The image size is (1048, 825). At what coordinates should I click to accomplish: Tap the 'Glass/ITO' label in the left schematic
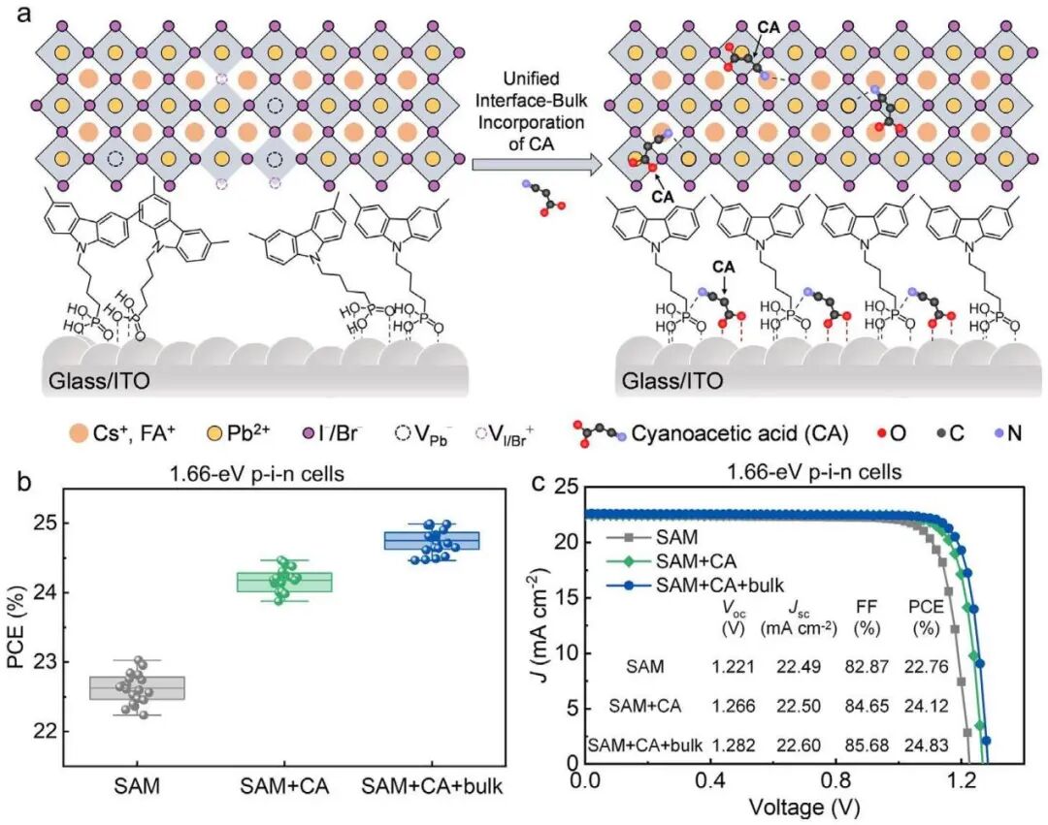[x=98, y=379]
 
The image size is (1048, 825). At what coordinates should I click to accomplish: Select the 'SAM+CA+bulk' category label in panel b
[x=432, y=786]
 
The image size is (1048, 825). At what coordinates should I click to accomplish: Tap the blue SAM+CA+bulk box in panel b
[x=432, y=540]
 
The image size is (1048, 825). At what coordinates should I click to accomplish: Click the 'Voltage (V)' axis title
[x=797, y=806]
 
